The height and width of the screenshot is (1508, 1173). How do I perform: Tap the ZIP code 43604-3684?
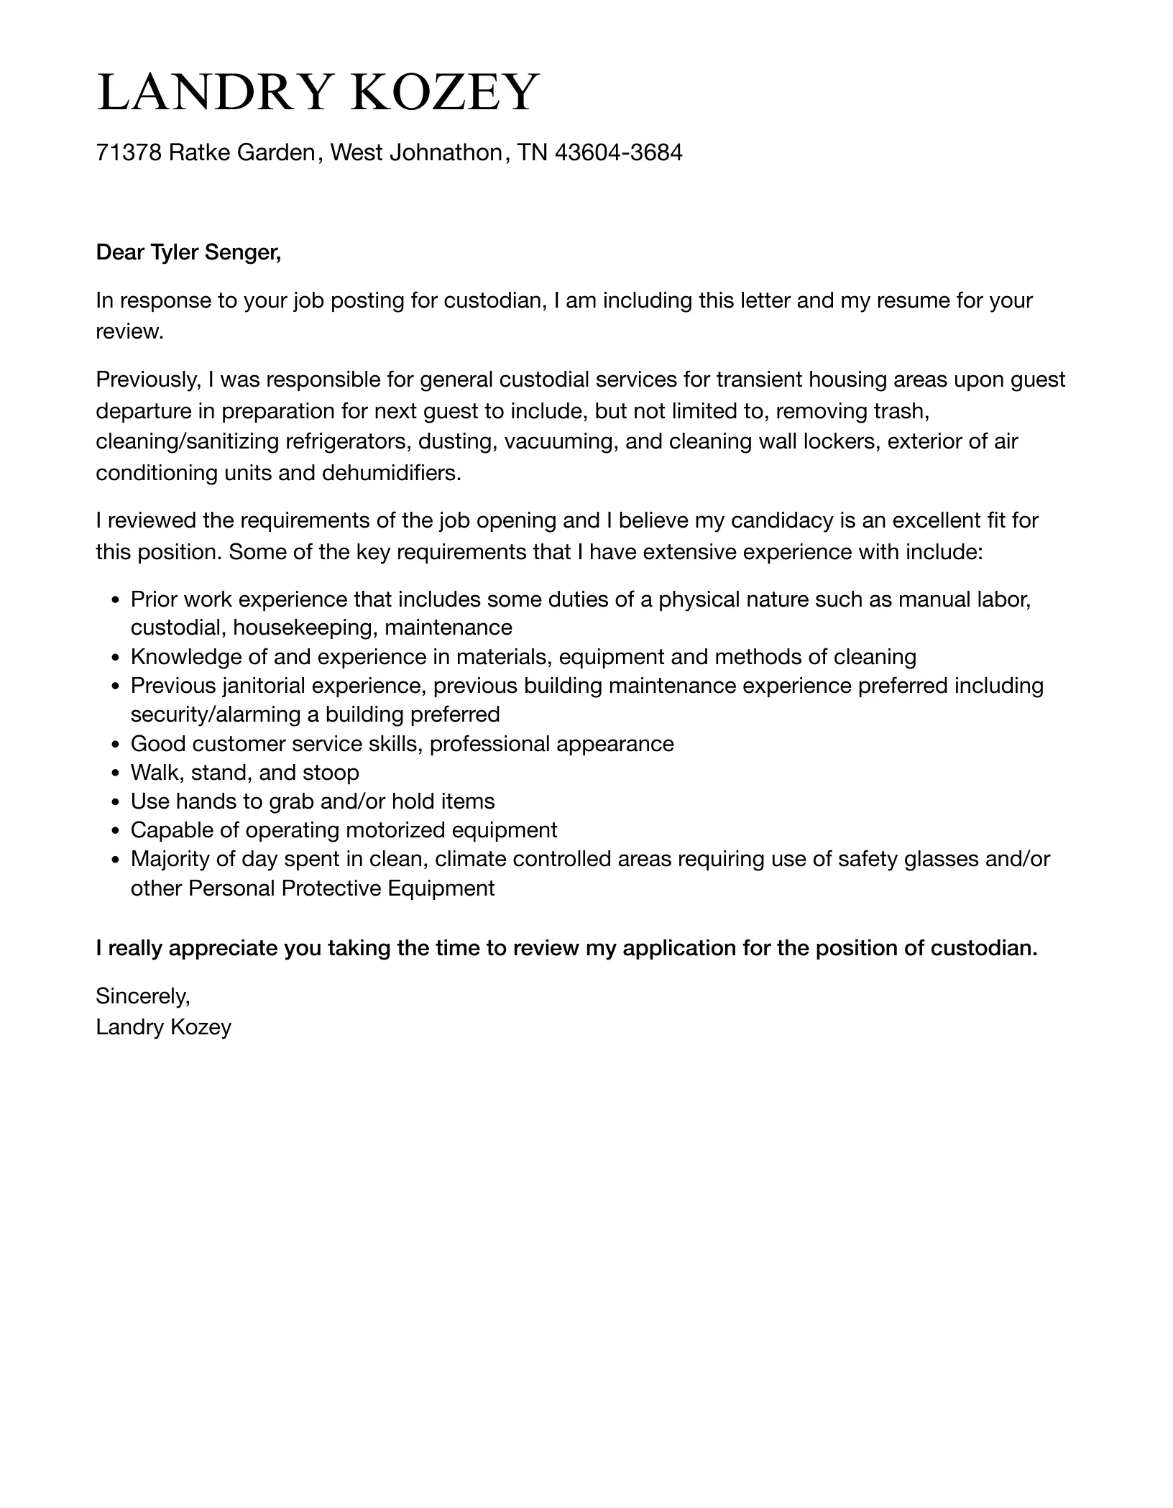[618, 152]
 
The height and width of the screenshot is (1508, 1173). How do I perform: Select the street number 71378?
[129, 152]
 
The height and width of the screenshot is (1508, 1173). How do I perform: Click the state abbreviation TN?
[533, 152]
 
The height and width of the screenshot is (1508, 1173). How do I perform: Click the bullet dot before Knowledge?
[116, 658]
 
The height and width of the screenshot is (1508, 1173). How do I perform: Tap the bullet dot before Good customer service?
[116, 744]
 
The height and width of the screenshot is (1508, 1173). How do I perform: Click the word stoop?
[331, 773]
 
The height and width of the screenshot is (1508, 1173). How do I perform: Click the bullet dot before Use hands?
[116, 802]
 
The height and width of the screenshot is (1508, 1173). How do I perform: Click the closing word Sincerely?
[142, 996]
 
